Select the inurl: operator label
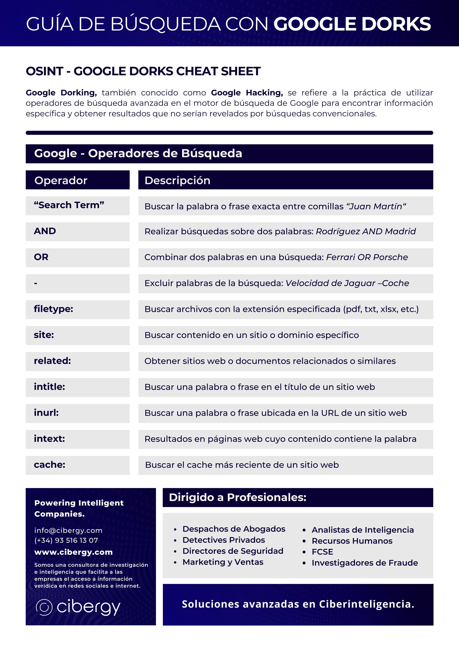[x=46, y=413]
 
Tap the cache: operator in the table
[x=50, y=465]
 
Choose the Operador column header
[x=61, y=180]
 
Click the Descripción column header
[x=177, y=180]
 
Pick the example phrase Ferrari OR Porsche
[x=367, y=257]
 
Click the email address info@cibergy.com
[x=68, y=531]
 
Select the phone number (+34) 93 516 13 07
[x=66, y=540]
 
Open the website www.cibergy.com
[x=74, y=552]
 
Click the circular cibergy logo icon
[x=44, y=607]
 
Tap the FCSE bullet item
[x=322, y=552]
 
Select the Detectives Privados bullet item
[x=224, y=540]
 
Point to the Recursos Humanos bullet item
[x=352, y=541]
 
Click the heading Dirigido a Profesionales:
[x=238, y=497]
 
